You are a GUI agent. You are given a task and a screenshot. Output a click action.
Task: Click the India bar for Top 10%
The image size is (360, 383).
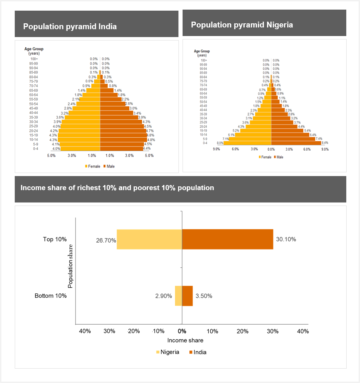click(227, 239)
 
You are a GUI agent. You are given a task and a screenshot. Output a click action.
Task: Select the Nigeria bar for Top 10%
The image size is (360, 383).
click(149, 239)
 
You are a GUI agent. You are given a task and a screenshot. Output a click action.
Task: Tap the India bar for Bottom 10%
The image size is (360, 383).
click(187, 296)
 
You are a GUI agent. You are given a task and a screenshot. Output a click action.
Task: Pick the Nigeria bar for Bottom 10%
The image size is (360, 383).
click(178, 296)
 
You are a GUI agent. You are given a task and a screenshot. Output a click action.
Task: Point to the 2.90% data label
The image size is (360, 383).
click(164, 296)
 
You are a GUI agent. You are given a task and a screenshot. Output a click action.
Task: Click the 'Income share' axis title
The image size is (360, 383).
click(185, 340)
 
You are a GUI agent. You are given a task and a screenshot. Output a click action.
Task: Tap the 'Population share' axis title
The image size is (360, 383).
click(70, 266)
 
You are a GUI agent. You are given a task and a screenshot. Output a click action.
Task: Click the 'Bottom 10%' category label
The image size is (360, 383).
click(51, 296)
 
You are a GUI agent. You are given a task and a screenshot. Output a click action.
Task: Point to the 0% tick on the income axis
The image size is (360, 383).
click(182, 331)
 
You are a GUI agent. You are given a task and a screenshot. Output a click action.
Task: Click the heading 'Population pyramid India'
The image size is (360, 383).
click(70, 26)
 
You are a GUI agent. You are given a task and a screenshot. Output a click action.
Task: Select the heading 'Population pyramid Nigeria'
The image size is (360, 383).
click(242, 25)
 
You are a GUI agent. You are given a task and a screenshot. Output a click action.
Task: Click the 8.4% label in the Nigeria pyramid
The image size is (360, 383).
click(325, 143)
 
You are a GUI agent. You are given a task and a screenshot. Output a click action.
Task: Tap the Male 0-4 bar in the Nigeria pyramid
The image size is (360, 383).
click(296, 143)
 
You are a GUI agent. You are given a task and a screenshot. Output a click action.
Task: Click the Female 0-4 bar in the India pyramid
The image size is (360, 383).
click(80, 149)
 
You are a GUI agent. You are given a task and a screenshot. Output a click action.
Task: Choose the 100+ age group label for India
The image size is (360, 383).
click(34, 59)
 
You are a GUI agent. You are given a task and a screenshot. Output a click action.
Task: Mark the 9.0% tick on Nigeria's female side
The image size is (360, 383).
click(216, 149)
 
